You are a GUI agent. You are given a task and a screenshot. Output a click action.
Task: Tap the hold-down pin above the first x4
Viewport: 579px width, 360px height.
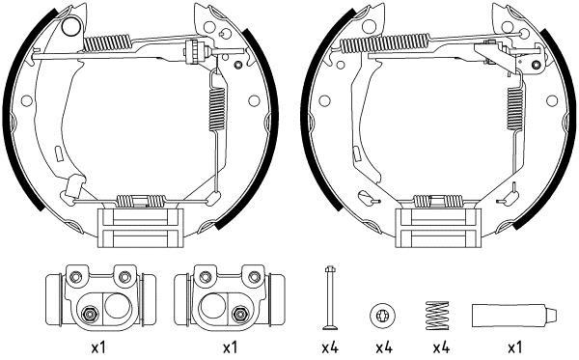(x=329, y=297)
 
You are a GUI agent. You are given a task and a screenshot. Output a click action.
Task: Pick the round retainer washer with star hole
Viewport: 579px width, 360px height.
(x=382, y=316)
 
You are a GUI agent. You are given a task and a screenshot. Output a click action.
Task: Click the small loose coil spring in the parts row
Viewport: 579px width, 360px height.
(x=437, y=316)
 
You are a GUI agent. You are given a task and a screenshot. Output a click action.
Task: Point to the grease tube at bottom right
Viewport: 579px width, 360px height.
(x=514, y=316)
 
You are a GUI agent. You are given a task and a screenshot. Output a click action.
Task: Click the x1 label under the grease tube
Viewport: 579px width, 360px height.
(x=514, y=347)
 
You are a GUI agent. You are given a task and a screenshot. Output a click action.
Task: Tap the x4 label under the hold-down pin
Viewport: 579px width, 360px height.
(x=330, y=347)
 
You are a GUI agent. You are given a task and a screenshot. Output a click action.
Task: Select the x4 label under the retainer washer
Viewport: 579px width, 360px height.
(x=384, y=347)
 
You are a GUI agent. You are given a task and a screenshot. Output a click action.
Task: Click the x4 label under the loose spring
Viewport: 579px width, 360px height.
(x=441, y=347)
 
